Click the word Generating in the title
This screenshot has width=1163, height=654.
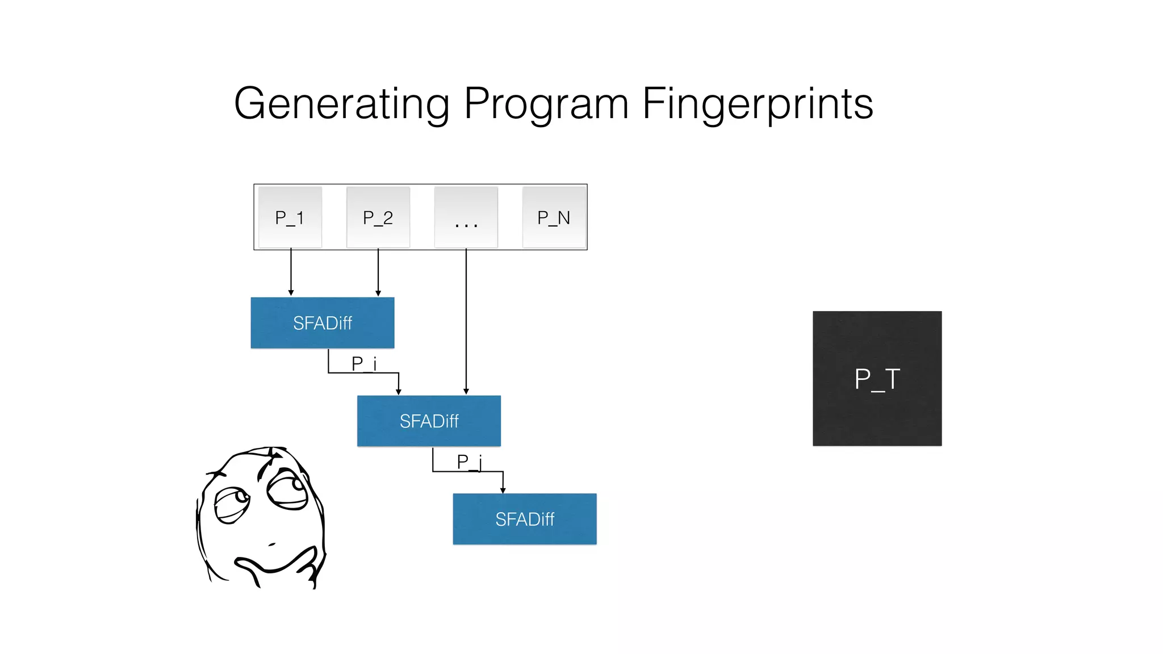click(341, 104)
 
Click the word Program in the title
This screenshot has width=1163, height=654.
click(546, 104)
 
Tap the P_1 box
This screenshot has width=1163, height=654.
click(290, 217)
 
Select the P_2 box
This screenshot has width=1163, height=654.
click(378, 217)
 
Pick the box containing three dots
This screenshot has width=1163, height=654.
click(466, 217)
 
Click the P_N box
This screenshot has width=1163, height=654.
click(554, 217)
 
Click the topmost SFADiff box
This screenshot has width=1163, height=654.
click(323, 323)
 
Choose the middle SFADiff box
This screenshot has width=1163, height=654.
click(429, 421)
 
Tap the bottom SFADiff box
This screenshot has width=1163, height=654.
click(525, 519)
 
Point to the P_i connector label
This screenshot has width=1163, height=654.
click(364, 363)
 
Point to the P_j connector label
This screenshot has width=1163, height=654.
click(470, 462)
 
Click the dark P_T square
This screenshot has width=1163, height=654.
click(877, 379)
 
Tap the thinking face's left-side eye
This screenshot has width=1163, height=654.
click(232, 504)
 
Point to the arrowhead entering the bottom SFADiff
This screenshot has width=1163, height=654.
click(503, 490)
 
